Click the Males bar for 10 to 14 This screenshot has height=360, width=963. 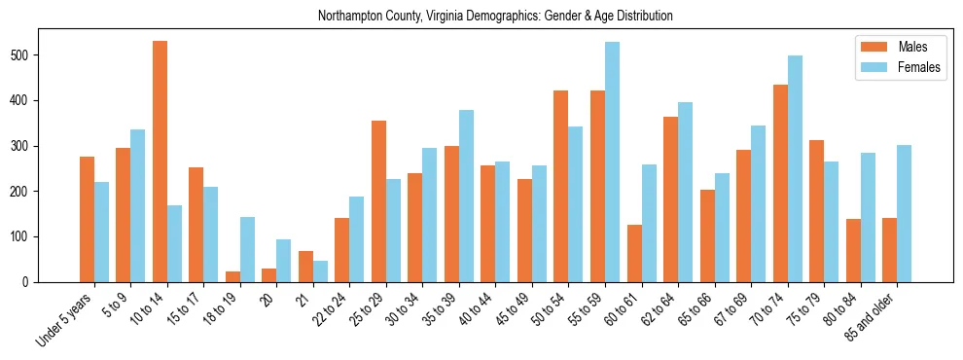(160, 162)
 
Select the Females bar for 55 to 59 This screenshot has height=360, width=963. (612, 162)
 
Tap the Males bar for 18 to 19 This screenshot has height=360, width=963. (232, 276)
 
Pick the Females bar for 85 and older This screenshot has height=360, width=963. (904, 214)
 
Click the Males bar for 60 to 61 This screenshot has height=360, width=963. (634, 253)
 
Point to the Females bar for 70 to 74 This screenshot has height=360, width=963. (795, 169)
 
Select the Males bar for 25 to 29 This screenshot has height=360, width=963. (378, 201)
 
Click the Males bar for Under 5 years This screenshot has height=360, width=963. (87, 219)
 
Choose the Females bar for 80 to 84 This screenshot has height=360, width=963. (868, 218)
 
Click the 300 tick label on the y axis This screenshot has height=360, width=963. (48, 146)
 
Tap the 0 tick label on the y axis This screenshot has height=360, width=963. (53, 282)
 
